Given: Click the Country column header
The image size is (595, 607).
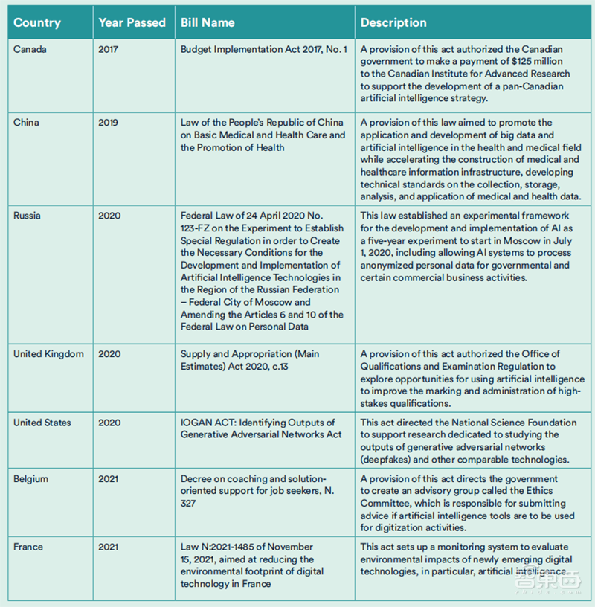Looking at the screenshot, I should tap(37, 22).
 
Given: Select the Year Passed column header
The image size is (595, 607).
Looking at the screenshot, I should tap(132, 22).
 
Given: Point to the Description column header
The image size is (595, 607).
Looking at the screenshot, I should tap(395, 22).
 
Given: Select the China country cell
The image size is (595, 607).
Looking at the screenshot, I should tap(26, 123).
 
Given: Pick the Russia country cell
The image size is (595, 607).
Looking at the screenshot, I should tap(28, 216).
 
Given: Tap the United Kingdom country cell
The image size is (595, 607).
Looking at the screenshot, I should tap(48, 354).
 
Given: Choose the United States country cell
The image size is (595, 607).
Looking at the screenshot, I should tap(42, 423).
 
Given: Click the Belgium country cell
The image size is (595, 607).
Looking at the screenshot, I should tap(30, 479).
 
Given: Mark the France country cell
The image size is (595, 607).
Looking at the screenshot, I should tap(28, 547).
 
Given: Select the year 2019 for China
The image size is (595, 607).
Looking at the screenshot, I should tap(108, 123).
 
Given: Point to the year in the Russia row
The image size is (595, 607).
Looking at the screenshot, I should tap(108, 216).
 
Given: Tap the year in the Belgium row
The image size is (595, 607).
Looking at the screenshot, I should tap(108, 479).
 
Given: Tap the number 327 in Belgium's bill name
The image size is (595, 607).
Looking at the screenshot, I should tap(189, 504).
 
